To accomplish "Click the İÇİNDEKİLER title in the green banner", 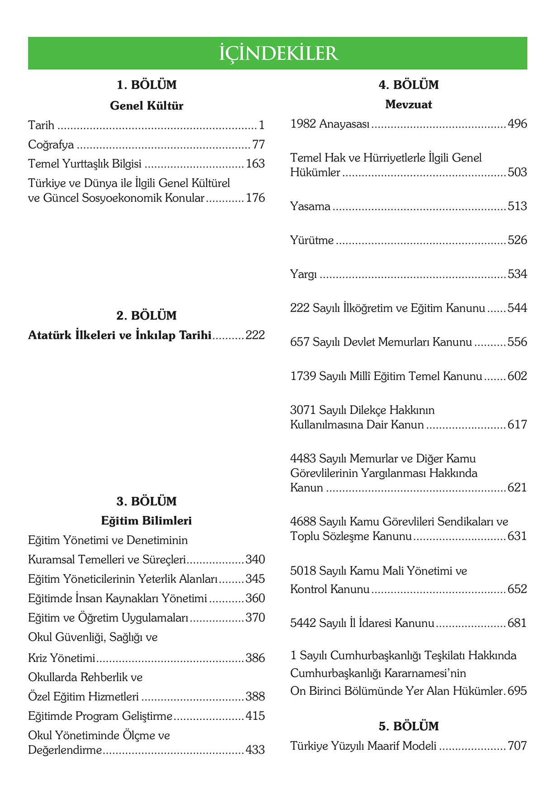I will click(x=278, y=53).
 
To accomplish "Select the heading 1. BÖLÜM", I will click(x=146, y=85).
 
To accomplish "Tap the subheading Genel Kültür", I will click(x=146, y=105).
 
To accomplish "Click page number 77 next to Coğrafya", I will click(x=259, y=144).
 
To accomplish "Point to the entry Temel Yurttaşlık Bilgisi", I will click(x=85, y=163).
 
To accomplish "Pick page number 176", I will click(x=255, y=198).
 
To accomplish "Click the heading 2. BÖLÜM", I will click(x=146, y=315).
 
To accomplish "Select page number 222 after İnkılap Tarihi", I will click(x=255, y=335).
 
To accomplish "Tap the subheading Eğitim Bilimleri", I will click(x=146, y=520).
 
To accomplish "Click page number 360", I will click(x=255, y=598).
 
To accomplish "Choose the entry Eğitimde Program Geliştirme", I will click(x=100, y=716).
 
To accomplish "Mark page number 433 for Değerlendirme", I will click(x=255, y=750).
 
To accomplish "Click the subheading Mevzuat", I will click(x=409, y=105).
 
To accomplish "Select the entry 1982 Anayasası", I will click(x=330, y=124).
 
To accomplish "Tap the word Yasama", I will click(x=310, y=206).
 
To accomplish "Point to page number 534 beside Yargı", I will click(x=517, y=274).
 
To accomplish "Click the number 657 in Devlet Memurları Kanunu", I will click(x=300, y=342).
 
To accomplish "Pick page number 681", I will click(x=517, y=623).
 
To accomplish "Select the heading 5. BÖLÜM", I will click(x=409, y=726).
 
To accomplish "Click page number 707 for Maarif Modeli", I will click(x=517, y=746).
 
